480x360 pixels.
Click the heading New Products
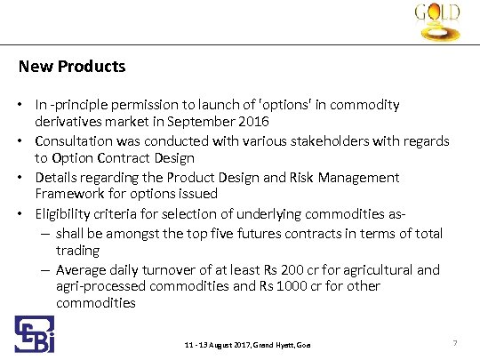tap(72, 67)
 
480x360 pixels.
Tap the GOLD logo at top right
tap(436, 24)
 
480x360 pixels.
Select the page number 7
tap(454, 342)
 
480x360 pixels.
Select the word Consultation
tap(74, 140)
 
